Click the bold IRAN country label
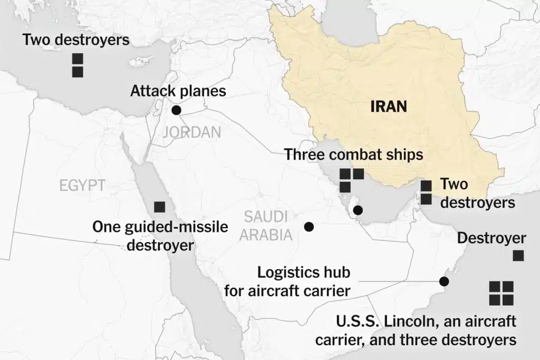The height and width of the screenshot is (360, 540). coord(389,106)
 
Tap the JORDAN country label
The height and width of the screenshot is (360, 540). coord(191,132)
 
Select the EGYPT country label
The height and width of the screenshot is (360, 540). coord(82,184)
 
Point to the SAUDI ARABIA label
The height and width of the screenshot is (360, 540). coord(266,225)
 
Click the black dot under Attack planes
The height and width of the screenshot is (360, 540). coord(176,110)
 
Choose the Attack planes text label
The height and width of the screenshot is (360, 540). coord(178,91)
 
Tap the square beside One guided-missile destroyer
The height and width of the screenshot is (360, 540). coord(159,207)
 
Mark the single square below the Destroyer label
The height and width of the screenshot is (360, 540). coord(518,256)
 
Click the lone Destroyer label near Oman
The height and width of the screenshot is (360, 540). coord(491,238)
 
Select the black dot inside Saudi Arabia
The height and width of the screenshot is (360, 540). coord(309,227)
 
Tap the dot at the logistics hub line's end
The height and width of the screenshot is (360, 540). coord(443,281)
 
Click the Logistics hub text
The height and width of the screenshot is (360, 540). coord(304,273)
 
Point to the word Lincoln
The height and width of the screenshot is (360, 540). coord(392,321)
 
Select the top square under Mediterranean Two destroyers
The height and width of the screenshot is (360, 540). coord(78,59)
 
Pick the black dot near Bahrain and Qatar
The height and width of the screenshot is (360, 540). coord(358,211)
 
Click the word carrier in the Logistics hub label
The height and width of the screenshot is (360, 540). coord(324,290)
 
